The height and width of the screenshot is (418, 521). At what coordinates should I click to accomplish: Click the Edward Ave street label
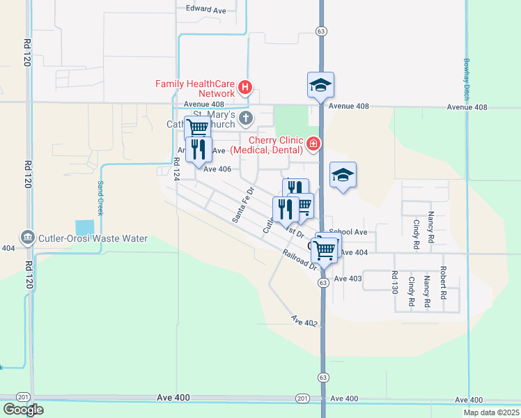(x=206, y=10)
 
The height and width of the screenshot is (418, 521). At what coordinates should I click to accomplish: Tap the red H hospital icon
(x=245, y=88)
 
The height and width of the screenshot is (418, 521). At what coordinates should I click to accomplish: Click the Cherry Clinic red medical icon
(x=313, y=144)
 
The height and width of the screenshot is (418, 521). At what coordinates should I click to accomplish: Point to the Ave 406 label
(x=217, y=169)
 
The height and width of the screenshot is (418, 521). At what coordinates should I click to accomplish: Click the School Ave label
(x=348, y=232)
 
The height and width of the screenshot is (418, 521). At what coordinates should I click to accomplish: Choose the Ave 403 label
(x=348, y=278)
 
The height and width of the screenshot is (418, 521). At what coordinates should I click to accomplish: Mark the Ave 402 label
(x=304, y=320)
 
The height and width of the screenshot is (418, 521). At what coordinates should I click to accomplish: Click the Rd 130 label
(x=395, y=283)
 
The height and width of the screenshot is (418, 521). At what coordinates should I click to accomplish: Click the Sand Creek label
(x=100, y=197)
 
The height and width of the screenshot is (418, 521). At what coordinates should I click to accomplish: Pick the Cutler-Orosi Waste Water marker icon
(x=28, y=238)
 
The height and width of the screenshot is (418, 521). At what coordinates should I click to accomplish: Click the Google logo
(x=23, y=409)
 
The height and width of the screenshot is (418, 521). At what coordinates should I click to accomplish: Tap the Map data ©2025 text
(x=490, y=412)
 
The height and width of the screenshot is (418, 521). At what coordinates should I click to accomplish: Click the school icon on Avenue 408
(x=320, y=86)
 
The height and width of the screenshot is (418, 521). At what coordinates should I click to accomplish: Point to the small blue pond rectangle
(x=84, y=227)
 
